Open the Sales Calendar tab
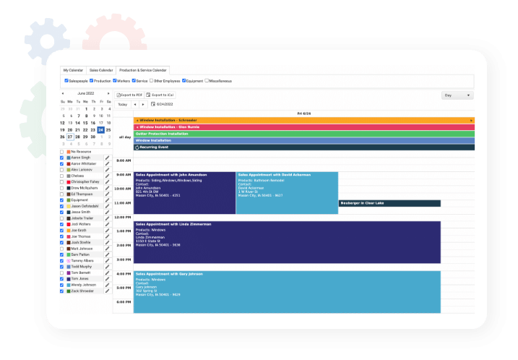click(x=102, y=70)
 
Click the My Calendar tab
click(x=73, y=70)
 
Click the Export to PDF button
click(x=130, y=95)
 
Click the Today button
click(x=123, y=104)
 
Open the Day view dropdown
click(x=457, y=95)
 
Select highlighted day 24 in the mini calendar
click(x=100, y=129)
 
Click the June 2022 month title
click(x=85, y=93)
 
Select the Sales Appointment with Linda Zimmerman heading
click(x=173, y=224)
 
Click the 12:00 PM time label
click(x=123, y=217)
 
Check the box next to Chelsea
click(x=61, y=176)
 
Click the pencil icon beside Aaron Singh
click(x=108, y=157)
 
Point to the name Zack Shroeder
click(x=82, y=291)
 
